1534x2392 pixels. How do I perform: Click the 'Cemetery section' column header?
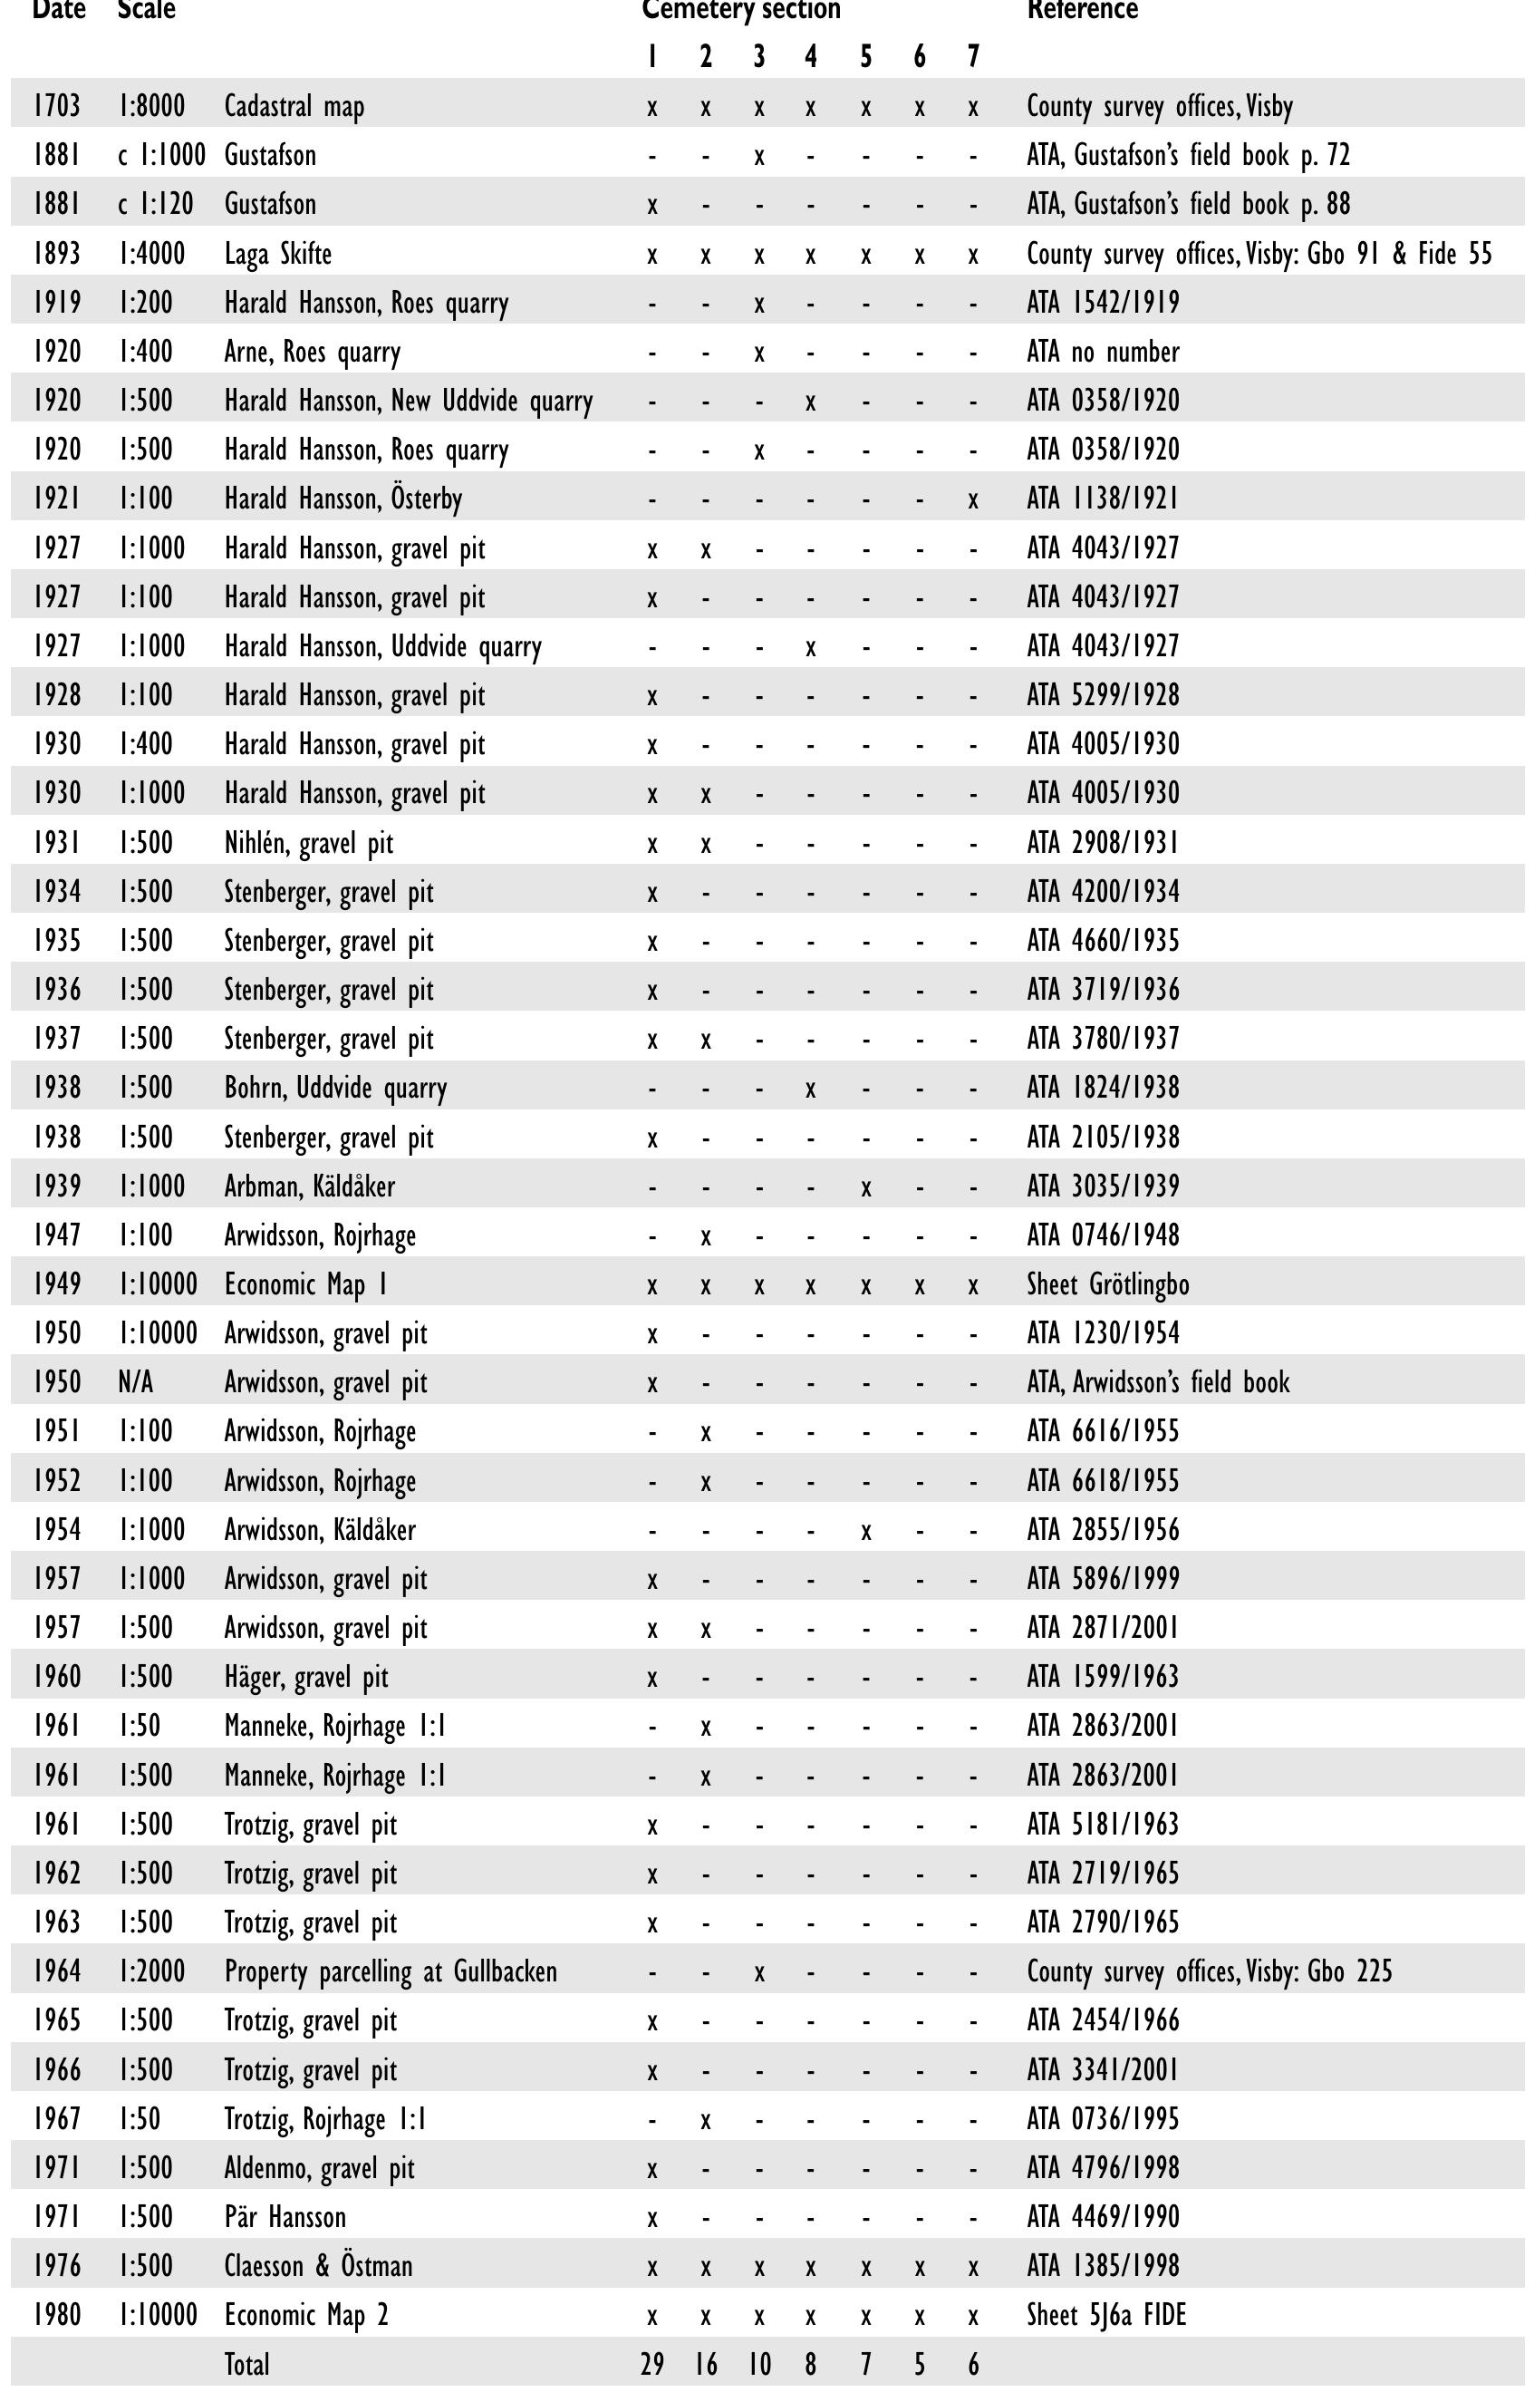741,10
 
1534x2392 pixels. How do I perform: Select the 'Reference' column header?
1082,10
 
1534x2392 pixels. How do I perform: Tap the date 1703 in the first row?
58,106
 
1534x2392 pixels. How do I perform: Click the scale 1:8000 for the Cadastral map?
150,106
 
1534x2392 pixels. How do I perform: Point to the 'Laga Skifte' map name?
278,254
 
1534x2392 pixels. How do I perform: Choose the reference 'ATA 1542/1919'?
1103,303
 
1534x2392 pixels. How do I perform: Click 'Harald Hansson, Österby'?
342,499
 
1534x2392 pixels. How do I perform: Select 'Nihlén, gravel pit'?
309,844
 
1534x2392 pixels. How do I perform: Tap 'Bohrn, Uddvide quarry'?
335,1088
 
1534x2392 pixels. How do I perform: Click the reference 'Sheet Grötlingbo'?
1107,1284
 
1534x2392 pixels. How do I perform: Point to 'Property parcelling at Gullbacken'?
391,1971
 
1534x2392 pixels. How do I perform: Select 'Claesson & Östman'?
318,2267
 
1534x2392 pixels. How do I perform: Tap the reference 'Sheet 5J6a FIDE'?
1106,2315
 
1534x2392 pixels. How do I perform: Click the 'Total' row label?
247,2365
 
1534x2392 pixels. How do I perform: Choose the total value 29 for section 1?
652,2365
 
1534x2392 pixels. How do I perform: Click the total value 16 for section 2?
705,2365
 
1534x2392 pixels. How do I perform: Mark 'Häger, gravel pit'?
306,1678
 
